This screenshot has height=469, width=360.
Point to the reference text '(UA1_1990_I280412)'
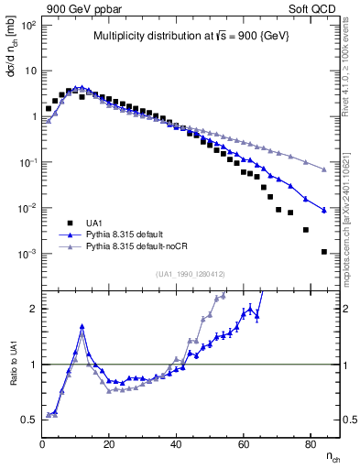tap(191, 274)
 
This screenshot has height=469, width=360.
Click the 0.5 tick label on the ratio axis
tap(27, 420)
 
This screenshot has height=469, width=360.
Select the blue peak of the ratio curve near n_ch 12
tap(82, 325)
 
